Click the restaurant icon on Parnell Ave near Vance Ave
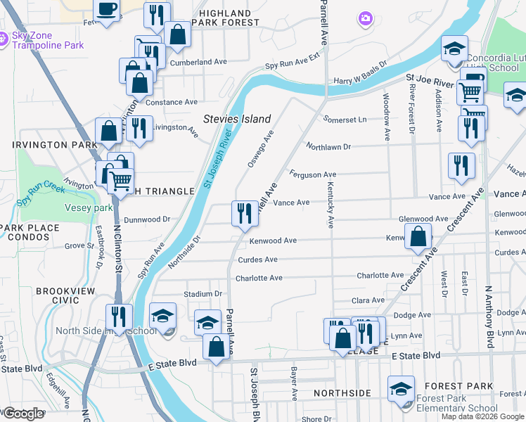click(x=244, y=212)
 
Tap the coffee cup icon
click(x=107, y=10)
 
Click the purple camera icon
click(x=364, y=18)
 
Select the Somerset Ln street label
click(x=345, y=120)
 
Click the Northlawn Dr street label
click(x=328, y=146)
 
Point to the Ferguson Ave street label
click(x=313, y=174)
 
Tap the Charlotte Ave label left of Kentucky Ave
click(x=259, y=278)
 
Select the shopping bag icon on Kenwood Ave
click(x=418, y=236)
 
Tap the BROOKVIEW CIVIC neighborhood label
click(x=60, y=295)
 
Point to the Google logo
click(x=23, y=414)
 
